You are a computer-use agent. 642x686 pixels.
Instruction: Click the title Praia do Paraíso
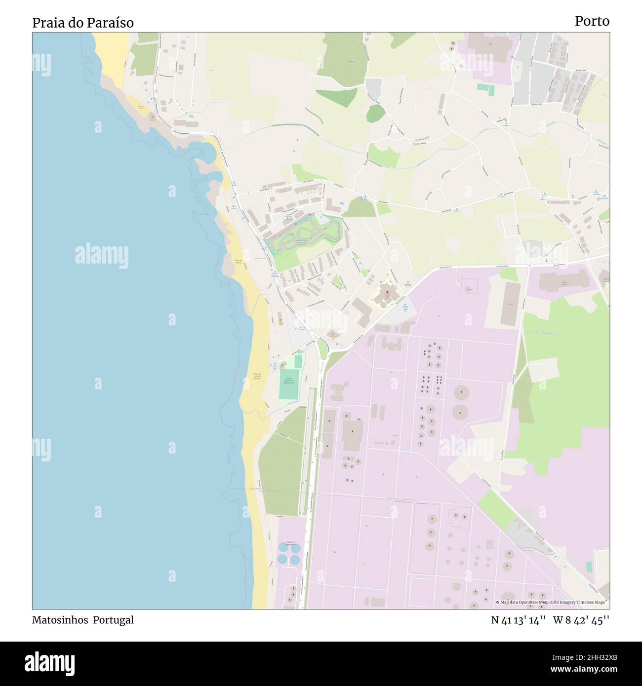[83, 23]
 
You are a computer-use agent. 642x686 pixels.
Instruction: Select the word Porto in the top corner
[592, 21]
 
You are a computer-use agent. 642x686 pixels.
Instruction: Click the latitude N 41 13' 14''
[518, 620]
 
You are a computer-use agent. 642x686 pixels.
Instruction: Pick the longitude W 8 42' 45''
[581, 620]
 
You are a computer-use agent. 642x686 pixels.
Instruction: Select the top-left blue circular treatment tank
[282, 547]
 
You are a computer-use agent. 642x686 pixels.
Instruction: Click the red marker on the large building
[387, 292]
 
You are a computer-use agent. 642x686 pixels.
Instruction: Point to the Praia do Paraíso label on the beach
[239, 262]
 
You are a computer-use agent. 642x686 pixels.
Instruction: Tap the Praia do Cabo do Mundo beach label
[256, 377]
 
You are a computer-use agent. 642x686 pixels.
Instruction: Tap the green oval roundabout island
[322, 349]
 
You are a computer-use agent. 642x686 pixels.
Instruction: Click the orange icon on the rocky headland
[152, 118]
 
